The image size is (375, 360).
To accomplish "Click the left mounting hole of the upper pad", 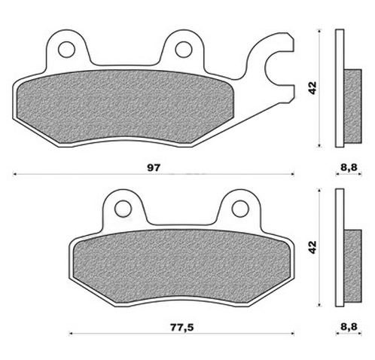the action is pos(66,49).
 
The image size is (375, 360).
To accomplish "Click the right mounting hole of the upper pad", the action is pos(184,49).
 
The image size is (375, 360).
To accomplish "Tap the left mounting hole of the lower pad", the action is pos(123,209).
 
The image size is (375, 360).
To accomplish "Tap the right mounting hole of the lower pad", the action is pos(240,209).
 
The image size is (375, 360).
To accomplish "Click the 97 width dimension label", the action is pos(153,168).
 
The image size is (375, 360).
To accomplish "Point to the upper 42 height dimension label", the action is pos(312,87).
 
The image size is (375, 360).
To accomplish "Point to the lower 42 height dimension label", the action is pos(312,247).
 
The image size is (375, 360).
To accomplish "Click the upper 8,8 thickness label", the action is pos(349,167).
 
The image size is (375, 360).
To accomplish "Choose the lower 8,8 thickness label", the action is pos(349,327).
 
